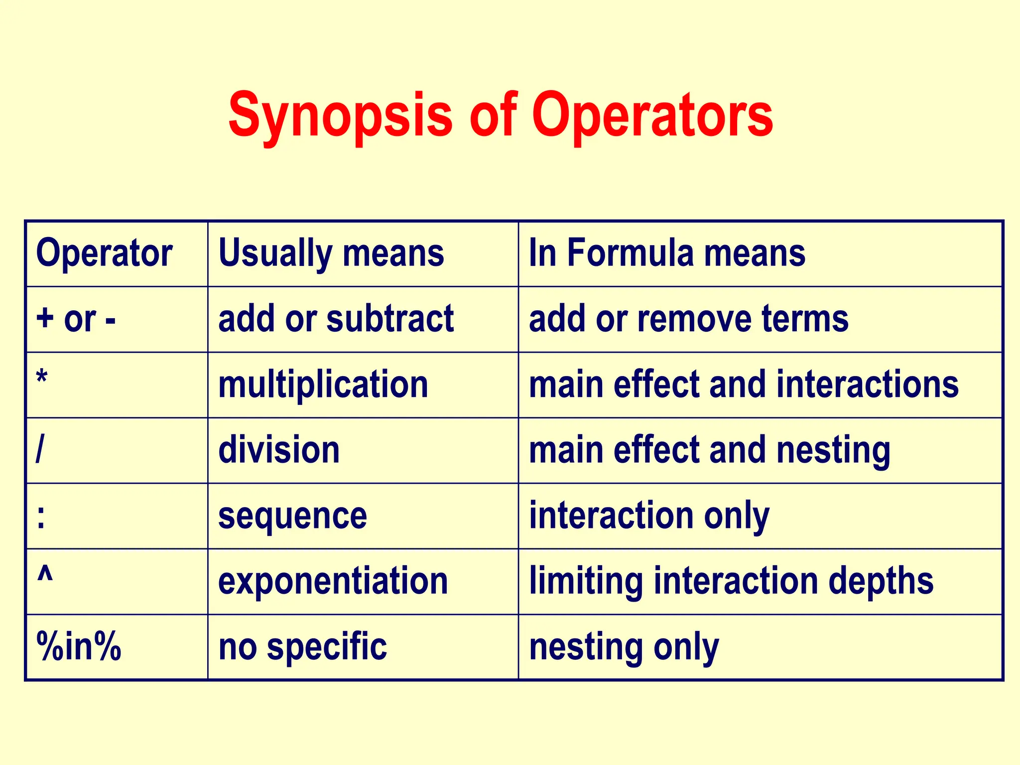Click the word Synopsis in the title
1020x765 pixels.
click(x=340, y=116)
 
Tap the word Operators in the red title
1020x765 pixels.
click(x=652, y=116)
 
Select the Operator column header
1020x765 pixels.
click(x=104, y=254)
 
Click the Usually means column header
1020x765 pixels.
click(x=331, y=254)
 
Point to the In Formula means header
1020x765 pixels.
click(x=667, y=254)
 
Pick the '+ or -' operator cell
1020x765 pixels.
click(x=76, y=319)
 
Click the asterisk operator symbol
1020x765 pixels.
click(x=42, y=380)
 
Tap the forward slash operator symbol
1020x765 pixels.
click(x=40, y=450)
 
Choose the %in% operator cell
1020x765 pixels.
click(x=79, y=647)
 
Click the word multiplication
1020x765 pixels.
click(x=323, y=385)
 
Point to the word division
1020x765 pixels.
click(x=279, y=450)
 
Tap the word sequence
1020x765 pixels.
click(x=292, y=516)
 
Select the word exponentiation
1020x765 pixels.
click(x=333, y=581)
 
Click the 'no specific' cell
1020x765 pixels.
click(x=302, y=647)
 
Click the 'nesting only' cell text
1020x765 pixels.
click(x=624, y=647)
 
